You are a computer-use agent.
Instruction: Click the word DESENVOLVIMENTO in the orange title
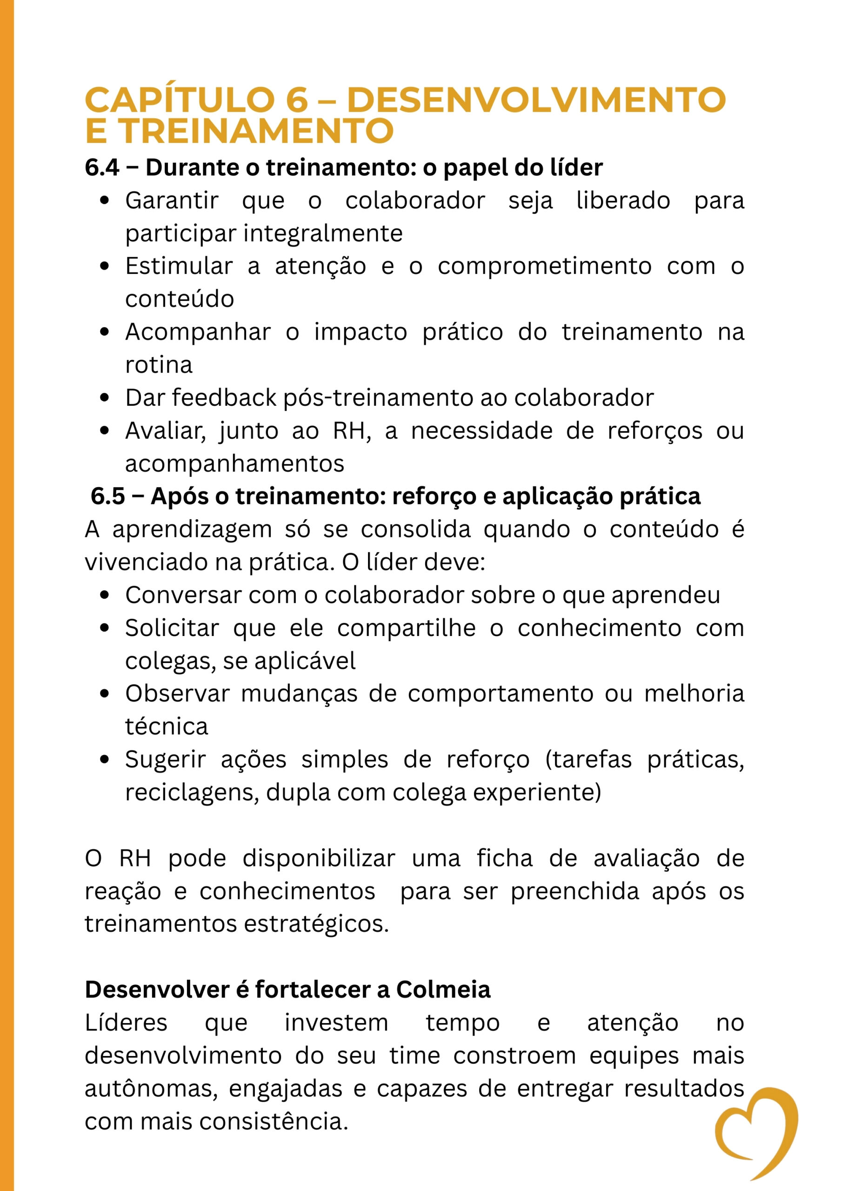pyautogui.click(x=536, y=100)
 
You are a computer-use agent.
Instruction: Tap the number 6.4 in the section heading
pyautogui.click(x=102, y=167)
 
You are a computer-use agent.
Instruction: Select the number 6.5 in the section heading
pyautogui.click(x=107, y=496)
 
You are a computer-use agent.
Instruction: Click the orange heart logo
pyautogui.click(x=757, y=1136)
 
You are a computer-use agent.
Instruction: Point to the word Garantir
pyautogui.click(x=172, y=201)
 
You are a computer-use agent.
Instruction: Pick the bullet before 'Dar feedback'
pyautogui.click(x=105, y=398)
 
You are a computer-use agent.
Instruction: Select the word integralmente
pyautogui.click(x=323, y=234)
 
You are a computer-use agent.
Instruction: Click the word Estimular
pyautogui.click(x=179, y=267)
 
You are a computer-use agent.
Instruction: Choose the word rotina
pyautogui.click(x=159, y=365)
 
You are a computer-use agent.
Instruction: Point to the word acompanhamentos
pyautogui.click(x=234, y=464)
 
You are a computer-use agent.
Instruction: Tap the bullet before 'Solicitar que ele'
pyautogui.click(x=105, y=628)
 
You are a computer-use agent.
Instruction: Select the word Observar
pyautogui.click(x=177, y=694)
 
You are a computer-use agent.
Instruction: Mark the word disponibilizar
pyautogui.click(x=319, y=858)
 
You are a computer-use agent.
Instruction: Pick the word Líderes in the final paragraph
pyautogui.click(x=126, y=1023)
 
